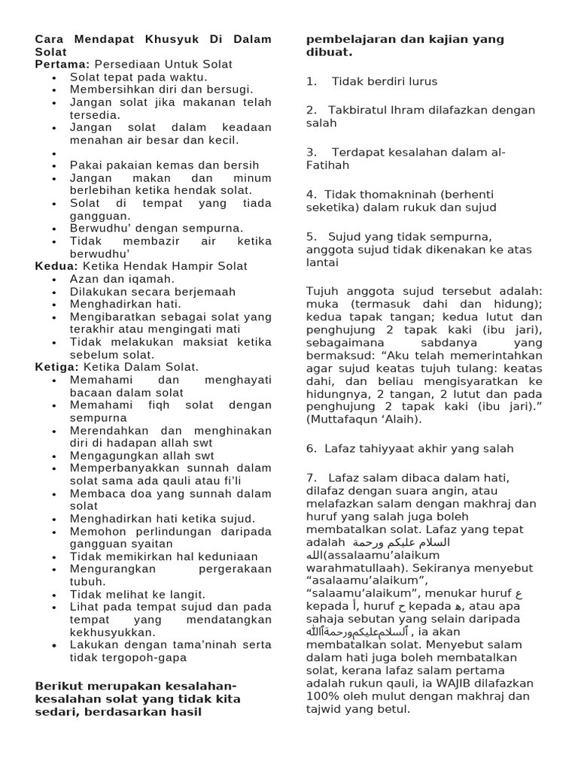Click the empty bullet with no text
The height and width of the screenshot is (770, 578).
pos(56,153)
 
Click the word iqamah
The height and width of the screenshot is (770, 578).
pos(151,279)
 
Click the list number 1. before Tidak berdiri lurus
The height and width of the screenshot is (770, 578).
pos(311,81)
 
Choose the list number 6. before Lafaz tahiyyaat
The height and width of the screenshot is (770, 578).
pos(311,448)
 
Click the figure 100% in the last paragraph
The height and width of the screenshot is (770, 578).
pos(321,696)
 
